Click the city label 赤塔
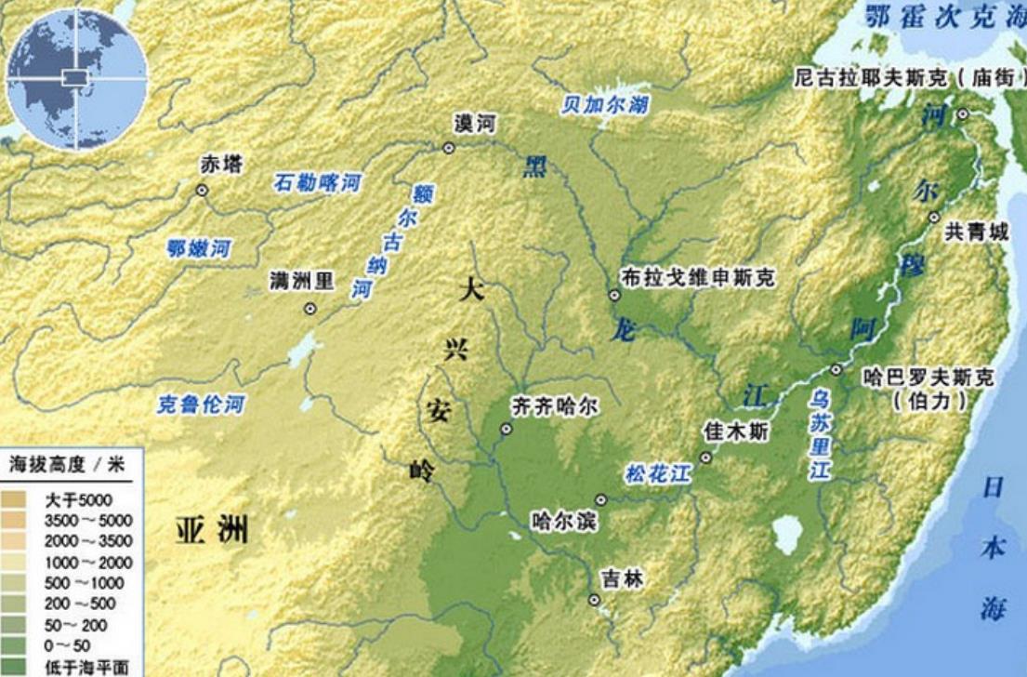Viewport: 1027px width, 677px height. (x=221, y=166)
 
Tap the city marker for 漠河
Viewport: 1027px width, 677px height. (x=449, y=148)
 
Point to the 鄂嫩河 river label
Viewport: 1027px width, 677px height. (x=198, y=248)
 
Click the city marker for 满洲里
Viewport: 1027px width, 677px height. (x=310, y=309)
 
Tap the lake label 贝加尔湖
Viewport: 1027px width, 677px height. (x=604, y=104)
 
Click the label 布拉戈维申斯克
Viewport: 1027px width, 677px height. (x=697, y=277)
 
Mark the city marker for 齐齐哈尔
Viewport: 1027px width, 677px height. (x=507, y=430)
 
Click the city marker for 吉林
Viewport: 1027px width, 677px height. (x=594, y=600)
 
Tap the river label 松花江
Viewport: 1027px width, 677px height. (x=659, y=474)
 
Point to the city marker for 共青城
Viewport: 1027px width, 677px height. (x=934, y=218)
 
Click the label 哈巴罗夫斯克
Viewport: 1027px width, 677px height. (x=928, y=378)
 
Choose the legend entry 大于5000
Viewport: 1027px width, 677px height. (x=78, y=500)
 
